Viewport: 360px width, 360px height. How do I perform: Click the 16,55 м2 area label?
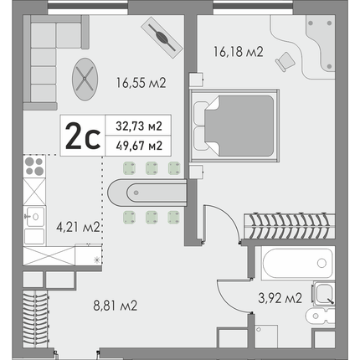141,83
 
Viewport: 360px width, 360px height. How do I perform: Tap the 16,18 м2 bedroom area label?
239,52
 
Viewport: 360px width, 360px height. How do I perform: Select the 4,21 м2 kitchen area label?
78,227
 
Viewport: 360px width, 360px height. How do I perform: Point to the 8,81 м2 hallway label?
116,306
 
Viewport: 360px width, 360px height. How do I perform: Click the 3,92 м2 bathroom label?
280,298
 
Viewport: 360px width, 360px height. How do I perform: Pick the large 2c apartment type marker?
83,136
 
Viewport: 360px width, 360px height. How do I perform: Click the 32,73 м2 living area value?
139,126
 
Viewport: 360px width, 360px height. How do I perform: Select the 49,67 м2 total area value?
139,146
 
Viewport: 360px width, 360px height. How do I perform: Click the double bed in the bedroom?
234,126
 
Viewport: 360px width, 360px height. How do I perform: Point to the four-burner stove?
34,167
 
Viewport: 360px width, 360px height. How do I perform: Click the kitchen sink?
34,217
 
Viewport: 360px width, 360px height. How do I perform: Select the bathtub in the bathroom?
298,264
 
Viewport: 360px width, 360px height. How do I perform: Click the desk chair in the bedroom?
285,61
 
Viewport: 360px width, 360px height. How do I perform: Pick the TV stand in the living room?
162,38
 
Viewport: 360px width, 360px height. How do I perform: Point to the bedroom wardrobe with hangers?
290,226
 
